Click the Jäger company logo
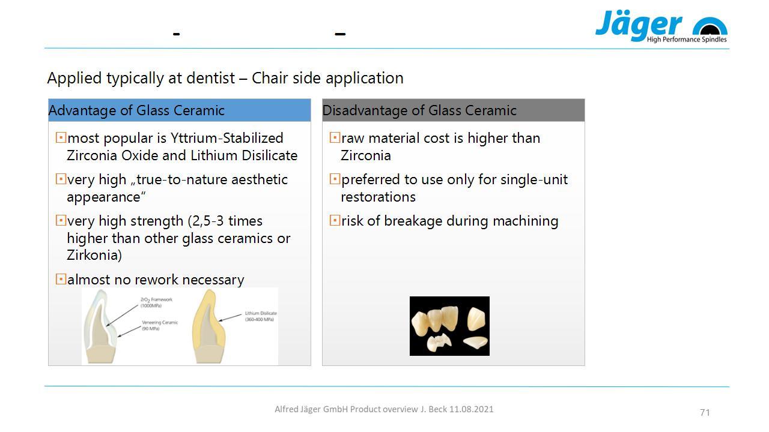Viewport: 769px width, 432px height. pos(661,26)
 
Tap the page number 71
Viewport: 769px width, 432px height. pos(705,412)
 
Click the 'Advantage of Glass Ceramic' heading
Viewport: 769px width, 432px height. pos(136,110)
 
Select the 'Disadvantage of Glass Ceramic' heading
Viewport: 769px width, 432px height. pos(419,110)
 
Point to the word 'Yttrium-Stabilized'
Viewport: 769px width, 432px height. pos(227,138)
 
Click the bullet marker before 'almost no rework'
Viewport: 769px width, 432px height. pos(61,279)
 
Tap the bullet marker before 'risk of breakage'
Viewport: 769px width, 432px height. pos(335,220)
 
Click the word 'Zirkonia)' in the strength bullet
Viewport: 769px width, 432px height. pos(94,256)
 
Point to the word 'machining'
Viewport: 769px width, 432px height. pos(525,221)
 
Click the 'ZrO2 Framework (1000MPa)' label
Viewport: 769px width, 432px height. pos(156,302)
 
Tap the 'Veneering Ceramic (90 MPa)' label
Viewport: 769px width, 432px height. pos(160,325)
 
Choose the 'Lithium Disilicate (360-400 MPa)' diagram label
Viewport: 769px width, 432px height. pos(261,316)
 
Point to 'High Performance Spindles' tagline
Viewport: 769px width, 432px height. pos(687,40)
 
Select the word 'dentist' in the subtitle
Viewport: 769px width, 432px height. pos(210,78)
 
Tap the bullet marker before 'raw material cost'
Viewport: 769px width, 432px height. pos(335,137)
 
